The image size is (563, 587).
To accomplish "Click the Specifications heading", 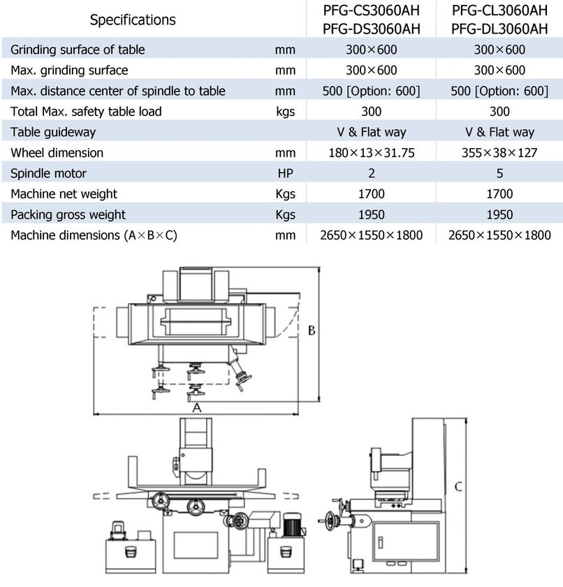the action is point(133,20).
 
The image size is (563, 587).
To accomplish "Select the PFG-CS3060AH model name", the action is point(372,10).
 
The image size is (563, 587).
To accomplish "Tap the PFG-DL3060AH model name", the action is point(499,29).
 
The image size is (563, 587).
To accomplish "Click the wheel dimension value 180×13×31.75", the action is point(372,153).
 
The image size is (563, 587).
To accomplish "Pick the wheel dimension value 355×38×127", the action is point(499,153).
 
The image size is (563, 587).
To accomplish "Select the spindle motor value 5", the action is point(499,173).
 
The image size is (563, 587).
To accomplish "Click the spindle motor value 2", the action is point(372,173).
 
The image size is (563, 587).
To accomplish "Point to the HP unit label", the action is point(286,173).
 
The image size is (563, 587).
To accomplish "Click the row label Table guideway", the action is point(53,132).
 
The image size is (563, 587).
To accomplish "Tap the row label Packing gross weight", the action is point(68,215).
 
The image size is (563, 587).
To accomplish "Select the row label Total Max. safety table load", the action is point(86,112).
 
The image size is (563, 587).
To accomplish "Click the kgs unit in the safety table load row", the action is point(286,112).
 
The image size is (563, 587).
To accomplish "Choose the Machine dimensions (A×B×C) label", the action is point(94,235).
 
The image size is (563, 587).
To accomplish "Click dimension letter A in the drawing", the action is point(197,407).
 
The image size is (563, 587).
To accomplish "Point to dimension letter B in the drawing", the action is point(312,331).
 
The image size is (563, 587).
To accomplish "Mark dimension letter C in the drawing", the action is point(458,486).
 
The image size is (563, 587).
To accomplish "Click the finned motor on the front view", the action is point(292,524).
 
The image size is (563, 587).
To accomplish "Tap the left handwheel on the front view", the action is point(161,501).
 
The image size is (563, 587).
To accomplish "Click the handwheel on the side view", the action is point(330,521).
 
